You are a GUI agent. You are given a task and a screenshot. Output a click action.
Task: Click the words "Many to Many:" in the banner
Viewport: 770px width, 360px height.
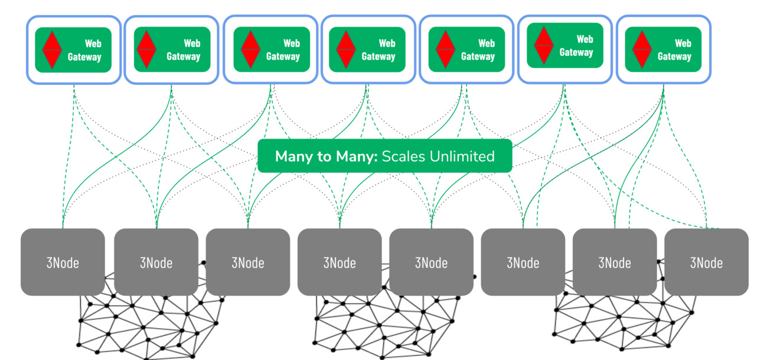click(326, 156)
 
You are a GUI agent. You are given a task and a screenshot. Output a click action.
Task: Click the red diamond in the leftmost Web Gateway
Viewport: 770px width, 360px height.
click(52, 50)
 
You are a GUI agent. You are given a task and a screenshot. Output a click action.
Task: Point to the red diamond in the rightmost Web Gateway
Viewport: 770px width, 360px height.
click(641, 50)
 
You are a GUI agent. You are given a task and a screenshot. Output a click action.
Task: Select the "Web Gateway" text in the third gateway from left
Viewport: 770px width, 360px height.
click(283, 50)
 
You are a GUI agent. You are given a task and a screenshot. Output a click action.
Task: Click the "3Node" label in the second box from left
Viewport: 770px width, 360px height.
click(156, 263)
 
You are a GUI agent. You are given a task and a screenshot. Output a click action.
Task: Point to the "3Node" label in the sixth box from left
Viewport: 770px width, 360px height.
click(523, 263)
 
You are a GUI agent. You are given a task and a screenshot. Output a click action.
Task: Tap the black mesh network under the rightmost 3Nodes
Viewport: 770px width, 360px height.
click(620, 319)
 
